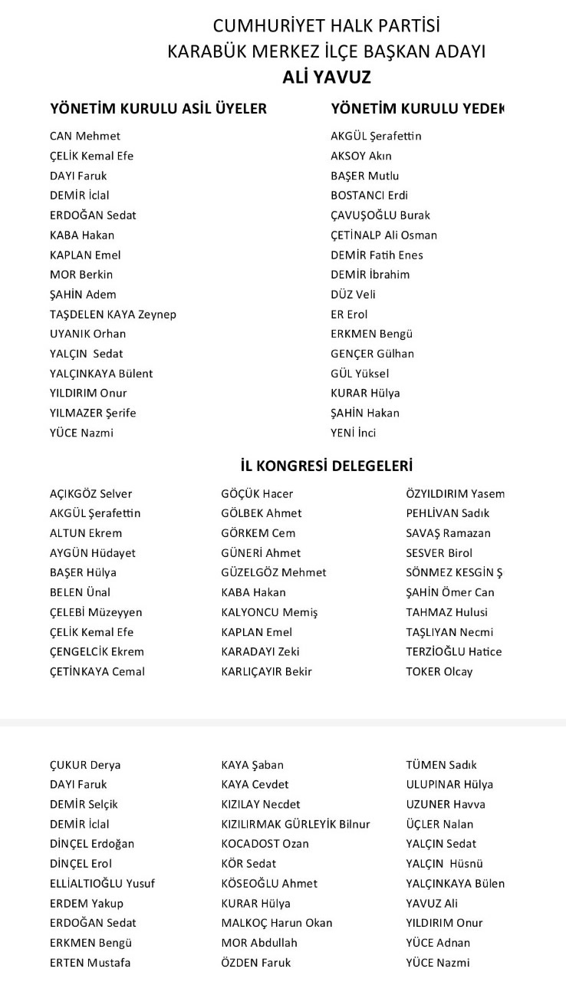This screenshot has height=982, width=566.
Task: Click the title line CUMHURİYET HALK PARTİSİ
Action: point(326,27)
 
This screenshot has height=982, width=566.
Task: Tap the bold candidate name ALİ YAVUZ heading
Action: point(326,77)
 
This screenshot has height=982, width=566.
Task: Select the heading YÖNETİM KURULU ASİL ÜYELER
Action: point(158,109)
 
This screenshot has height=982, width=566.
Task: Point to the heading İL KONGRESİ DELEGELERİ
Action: point(326,466)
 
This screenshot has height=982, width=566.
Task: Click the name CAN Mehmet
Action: point(85,136)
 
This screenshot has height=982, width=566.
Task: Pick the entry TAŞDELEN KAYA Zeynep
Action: point(113,314)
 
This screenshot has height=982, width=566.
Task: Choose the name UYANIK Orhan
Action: point(87,334)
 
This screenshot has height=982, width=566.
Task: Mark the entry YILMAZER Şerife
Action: point(93,413)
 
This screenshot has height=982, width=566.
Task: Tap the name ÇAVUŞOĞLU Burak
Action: point(380,215)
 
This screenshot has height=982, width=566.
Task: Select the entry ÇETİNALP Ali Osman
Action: point(383,235)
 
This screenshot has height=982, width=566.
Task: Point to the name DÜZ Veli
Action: point(353,294)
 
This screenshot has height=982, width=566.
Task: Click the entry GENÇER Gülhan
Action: point(372,354)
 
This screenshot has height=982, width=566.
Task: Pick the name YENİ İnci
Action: point(353,433)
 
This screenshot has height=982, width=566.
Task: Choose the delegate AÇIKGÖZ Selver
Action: point(90,494)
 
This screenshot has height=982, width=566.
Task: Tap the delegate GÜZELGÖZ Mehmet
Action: point(273,572)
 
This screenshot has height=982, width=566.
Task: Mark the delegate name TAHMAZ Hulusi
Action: point(446,612)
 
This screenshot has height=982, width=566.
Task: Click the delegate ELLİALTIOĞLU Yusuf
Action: point(102,884)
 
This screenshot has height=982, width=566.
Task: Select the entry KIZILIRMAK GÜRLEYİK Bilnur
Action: point(295,824)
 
